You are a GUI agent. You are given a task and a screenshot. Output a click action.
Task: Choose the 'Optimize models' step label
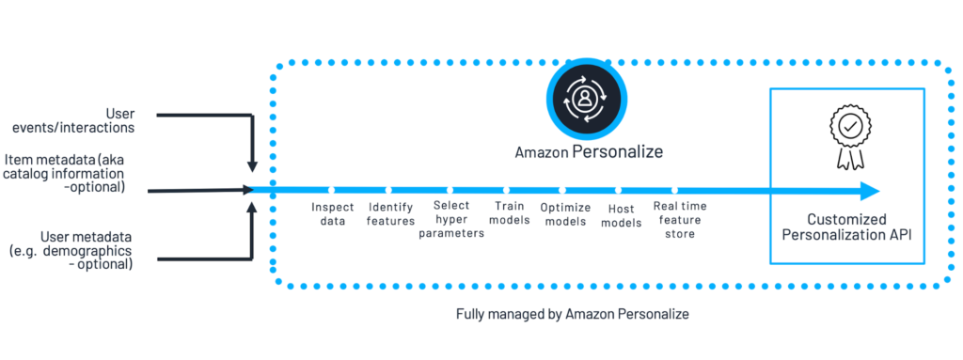[x=565, y=213]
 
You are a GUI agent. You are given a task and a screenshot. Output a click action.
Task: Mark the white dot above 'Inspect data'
[x=330, y=191]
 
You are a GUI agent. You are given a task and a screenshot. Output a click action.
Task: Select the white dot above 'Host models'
[x=619, y=191]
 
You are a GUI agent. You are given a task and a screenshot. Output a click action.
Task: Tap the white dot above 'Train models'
[x=506, y=191]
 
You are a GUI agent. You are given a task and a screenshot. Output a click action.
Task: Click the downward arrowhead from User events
[x=252, y=166]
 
